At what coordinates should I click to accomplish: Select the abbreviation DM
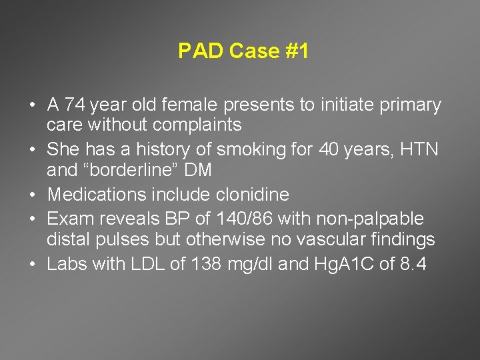(199, 170)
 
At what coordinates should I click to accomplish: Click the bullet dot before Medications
(33, 195)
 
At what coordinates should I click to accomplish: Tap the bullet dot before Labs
(33, 265)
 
